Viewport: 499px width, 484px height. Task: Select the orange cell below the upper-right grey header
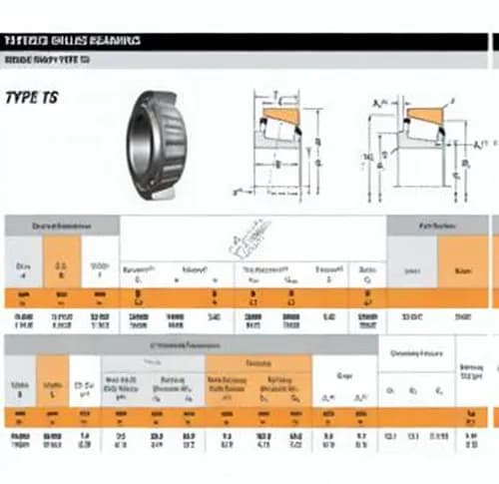(x=462, y=269)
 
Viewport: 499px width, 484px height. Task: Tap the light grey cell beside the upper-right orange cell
(x=410, y=269)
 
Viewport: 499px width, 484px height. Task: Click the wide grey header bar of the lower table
(x=190, y=345)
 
